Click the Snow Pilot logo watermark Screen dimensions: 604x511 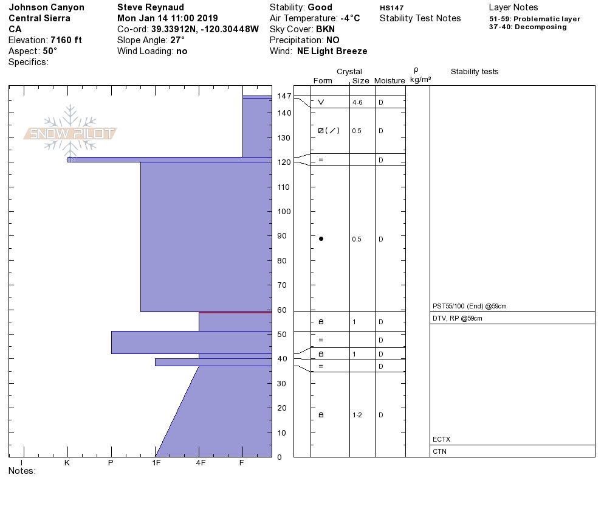[x=70, y=131]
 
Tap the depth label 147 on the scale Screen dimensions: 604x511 [x=284, y=96]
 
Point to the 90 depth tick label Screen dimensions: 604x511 [x=282, y=236]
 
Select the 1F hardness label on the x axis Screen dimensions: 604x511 [x=156, y=463]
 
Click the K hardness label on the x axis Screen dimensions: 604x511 [x=67, y=463]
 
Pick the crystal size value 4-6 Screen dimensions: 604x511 [x=357, y=103]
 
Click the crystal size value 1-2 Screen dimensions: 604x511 [x=357, y=415]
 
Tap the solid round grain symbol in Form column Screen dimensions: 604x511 [x=321, y=239]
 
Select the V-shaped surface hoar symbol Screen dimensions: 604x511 [x=321, y=102]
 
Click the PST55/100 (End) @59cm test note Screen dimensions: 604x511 [x=470, y=306]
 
